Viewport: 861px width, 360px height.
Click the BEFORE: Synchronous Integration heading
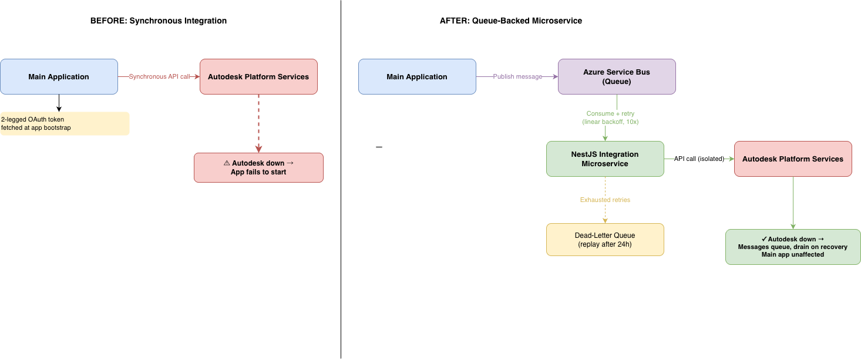pyautogui.click(x=159, y=21)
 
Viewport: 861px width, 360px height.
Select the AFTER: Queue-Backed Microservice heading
pyautogui.click(x=511, y=21)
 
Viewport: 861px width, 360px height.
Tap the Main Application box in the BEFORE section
pyautogui.click(x=59, y=76)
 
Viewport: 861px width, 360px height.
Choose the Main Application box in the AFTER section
pyautogui.click(x=417, y=76)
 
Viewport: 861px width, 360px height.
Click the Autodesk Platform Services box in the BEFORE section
pyautogui.click(x=258, y=76)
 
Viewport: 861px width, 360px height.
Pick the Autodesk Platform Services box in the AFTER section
pyautogui.click(x=793, y=159)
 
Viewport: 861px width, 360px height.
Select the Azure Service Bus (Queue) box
pyautogui.click(x=617, y=76)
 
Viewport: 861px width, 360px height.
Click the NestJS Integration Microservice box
pyautogui.click(x=605, y=159)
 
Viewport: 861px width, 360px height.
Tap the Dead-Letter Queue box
pyautogui.click(x=605, y=240)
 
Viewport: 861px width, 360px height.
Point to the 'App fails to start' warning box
pyautogui.click(x=258, y=167)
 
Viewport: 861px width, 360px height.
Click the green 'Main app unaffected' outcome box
pyautogui.click(x=793, y=247)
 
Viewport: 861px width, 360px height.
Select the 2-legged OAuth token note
pyautogui.click(x=65, y=123)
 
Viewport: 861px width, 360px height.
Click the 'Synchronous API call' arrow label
pyautogui.click(x=160, y=76)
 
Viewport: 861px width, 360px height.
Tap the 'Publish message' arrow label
pyautogui.click(x=517, y=76)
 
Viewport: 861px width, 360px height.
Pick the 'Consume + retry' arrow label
pyautogui.click(x=610, y=117)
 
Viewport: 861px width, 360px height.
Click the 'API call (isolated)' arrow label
pyautogui.click(x=699, y=159)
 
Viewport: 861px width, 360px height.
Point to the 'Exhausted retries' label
pyautogui.click(x=605, y=200)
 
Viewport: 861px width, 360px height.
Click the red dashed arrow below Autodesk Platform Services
pyautogui.click(x=258, y=123)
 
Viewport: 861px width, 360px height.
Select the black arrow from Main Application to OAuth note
pyautogui.click(x=59, y=103)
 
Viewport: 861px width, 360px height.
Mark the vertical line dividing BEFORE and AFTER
pyautogui.click(x=341, y=180)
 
